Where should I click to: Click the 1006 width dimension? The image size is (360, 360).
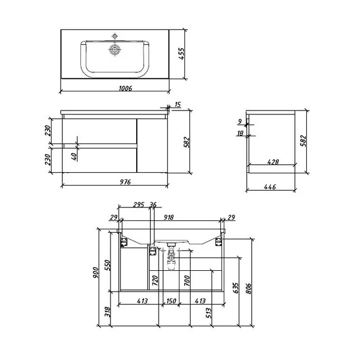point(126,88)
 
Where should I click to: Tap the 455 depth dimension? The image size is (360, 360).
point(181,54)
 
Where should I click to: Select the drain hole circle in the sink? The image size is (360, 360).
point(114,49)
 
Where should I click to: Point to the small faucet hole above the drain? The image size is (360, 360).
point(114,36)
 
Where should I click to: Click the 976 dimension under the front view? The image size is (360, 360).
point(126,182)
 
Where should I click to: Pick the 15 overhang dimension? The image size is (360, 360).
point(178,105)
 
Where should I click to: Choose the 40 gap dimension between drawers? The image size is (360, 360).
point(74,156)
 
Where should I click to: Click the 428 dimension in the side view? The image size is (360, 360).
point(273,162)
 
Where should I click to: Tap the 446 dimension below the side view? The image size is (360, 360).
point(270,187)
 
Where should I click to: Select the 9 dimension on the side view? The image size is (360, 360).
point(240,121)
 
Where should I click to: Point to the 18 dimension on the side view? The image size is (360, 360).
point(240,133)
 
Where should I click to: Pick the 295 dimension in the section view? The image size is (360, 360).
point(139,205)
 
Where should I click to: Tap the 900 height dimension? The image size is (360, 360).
point(95,273)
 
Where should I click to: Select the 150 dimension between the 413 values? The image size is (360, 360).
point(171,301)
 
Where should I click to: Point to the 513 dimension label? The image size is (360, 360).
point(208,313)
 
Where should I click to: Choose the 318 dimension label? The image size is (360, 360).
point(108,312)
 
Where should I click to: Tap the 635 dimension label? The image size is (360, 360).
point(236,288)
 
